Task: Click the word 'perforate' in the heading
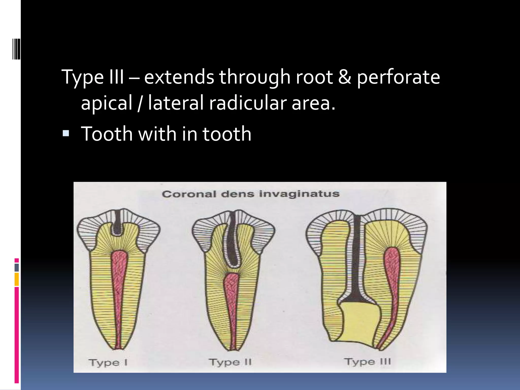point(398,77)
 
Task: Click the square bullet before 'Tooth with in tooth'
point(66,133)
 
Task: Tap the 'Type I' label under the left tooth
point(108,363)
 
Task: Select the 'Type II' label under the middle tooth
point(230,362)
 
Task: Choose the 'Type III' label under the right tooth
point(367,362)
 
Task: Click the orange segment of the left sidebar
point(17,279)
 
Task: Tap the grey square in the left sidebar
point(17,267)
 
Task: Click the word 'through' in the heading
point(255,77)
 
